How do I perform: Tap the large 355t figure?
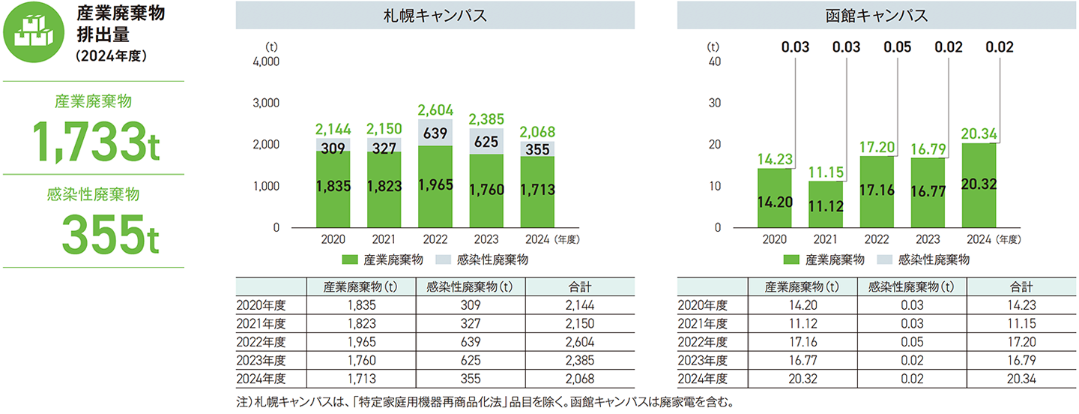110,235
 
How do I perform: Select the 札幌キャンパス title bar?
435,15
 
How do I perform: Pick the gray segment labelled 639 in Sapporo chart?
435,133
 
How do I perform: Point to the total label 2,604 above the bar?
435,109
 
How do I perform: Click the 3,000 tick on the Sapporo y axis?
266,103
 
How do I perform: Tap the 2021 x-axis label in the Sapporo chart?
384,239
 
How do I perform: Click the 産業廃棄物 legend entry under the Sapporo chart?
384,260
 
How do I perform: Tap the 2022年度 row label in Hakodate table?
702,341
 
